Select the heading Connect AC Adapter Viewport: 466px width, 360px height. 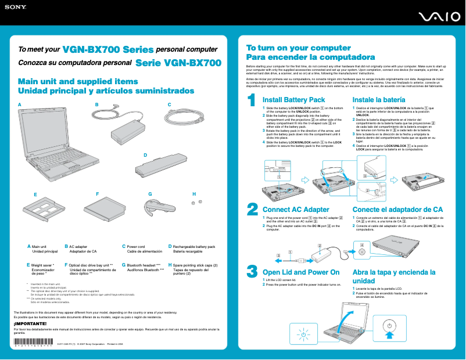click(296, 209)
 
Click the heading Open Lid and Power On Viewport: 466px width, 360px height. click(301, 272)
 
